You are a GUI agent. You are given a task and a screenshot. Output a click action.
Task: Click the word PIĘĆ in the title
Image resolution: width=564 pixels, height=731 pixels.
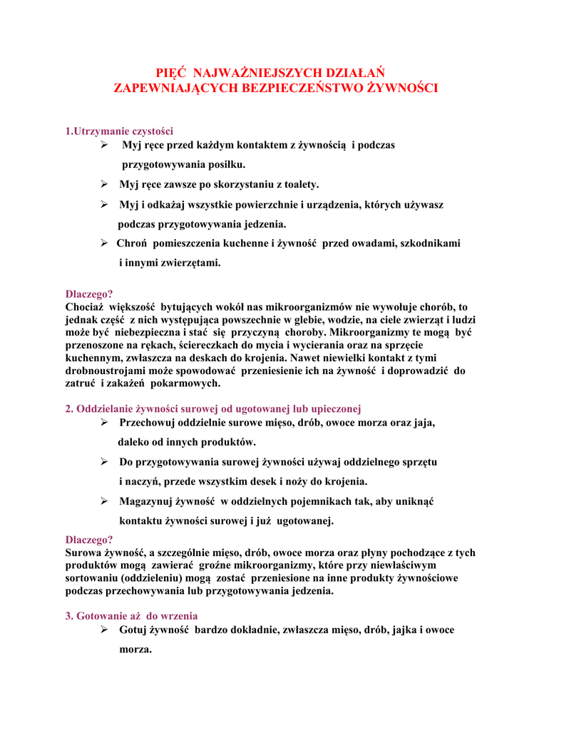(x=172, y=73)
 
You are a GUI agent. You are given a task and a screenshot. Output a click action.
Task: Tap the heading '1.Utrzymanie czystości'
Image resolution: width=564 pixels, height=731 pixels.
(x=119, y=131)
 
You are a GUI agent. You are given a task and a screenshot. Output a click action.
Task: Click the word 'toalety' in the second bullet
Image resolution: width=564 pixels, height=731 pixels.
(x=300, y=184)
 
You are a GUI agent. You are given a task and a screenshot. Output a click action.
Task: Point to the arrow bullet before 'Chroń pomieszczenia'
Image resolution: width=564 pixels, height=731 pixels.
(x=103, y=243)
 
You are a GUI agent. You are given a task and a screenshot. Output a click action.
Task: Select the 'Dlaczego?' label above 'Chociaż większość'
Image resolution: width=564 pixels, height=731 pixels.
(x=89, y=293)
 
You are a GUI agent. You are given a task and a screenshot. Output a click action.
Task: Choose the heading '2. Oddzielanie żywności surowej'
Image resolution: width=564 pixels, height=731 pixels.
(x=213, y=408)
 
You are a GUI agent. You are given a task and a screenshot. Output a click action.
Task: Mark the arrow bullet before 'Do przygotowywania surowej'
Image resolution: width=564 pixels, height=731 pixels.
(x=103, y=462)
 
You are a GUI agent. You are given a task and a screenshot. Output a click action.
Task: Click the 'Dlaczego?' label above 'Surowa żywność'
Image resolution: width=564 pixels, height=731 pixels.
(x=89, y=540)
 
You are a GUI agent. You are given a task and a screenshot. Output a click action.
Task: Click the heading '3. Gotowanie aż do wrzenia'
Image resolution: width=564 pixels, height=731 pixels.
(x=131, y=616)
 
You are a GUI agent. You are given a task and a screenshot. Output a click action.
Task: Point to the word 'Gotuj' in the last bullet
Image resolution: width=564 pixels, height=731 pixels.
(x=133, y=630)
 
